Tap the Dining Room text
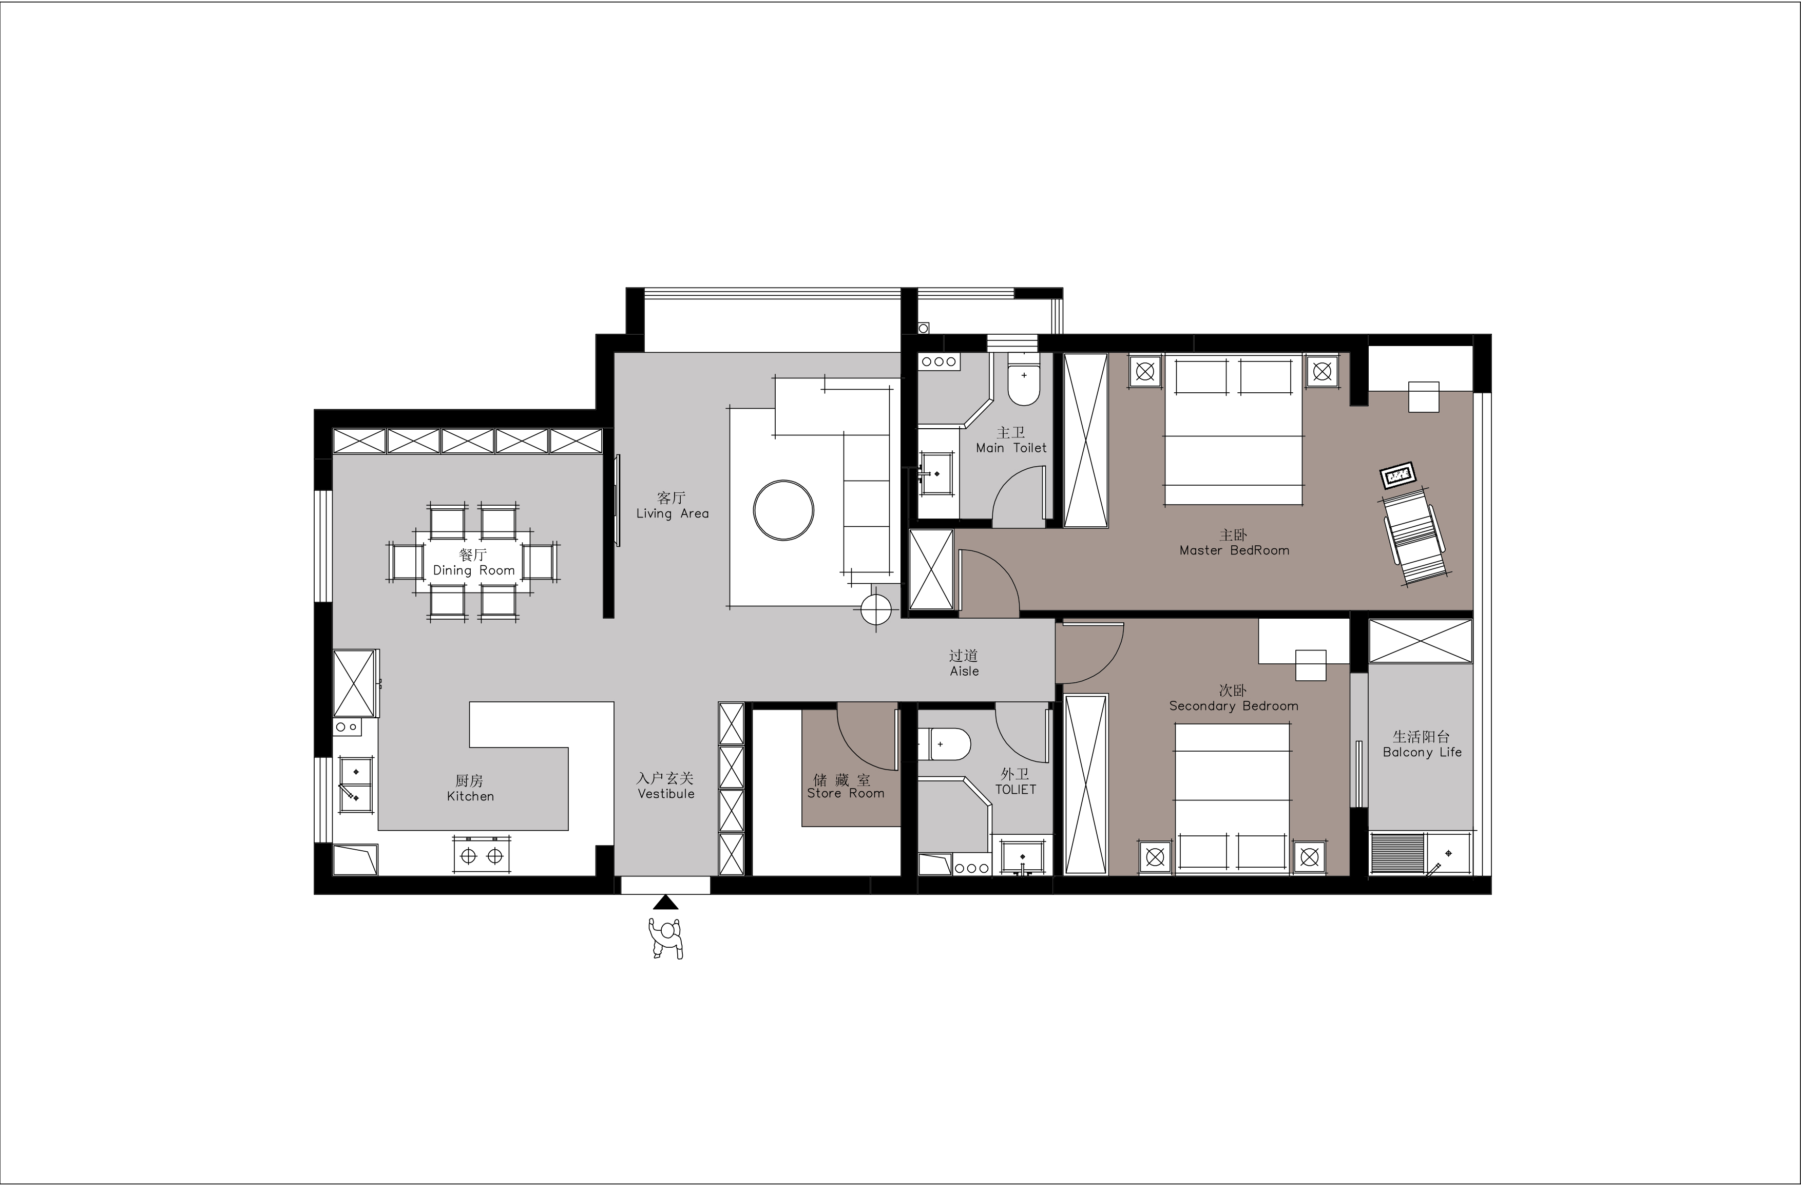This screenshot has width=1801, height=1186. (x=474, y=571)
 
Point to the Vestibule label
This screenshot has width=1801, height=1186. (x=666, y=793)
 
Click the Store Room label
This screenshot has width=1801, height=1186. (x=845, y=793)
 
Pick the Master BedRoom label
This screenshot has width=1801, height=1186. (x=1234, y=550)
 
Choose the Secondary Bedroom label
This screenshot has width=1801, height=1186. (x=1234, y=706)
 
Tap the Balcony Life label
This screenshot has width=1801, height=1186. (x=1422, y=752)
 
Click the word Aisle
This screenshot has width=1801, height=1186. (x=964, y=672)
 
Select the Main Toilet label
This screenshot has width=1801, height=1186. (x=1011, y=448)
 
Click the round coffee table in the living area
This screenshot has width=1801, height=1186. (x=783, y=510)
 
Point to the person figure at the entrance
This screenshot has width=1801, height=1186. (x=666, y=939)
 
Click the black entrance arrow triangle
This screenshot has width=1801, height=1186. (x=665, y=902)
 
